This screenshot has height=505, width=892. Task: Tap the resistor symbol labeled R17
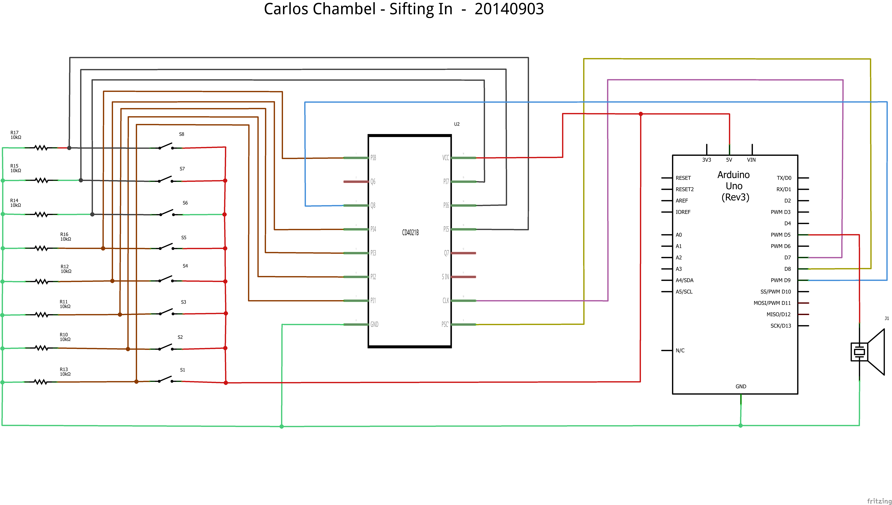(41, 148)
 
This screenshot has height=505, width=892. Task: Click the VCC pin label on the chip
(446, 158)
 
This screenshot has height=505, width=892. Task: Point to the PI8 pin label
(373, 158)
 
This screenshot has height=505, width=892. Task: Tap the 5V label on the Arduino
(729, 160)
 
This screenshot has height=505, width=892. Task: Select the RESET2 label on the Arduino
(684, 189)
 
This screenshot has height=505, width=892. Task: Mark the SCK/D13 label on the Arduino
(781, 326)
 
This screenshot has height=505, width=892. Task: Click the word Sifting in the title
(420, 9)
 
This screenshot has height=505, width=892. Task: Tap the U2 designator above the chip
(457, 124)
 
